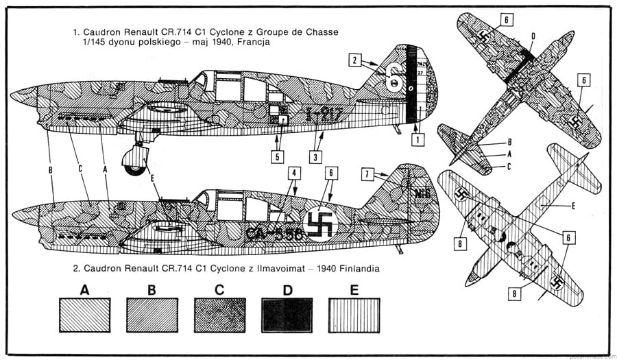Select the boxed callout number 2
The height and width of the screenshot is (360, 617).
point(354,61)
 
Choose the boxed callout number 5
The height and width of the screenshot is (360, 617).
point(278,156)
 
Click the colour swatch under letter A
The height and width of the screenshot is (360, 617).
point(84,315)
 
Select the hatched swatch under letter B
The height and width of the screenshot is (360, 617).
point(152,315)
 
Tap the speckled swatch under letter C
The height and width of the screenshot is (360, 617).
point(219,315)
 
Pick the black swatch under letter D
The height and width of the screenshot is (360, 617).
point(287,315)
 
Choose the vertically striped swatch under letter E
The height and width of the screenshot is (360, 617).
point(354,315)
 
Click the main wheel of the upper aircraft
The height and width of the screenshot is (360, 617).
point(134,162)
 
